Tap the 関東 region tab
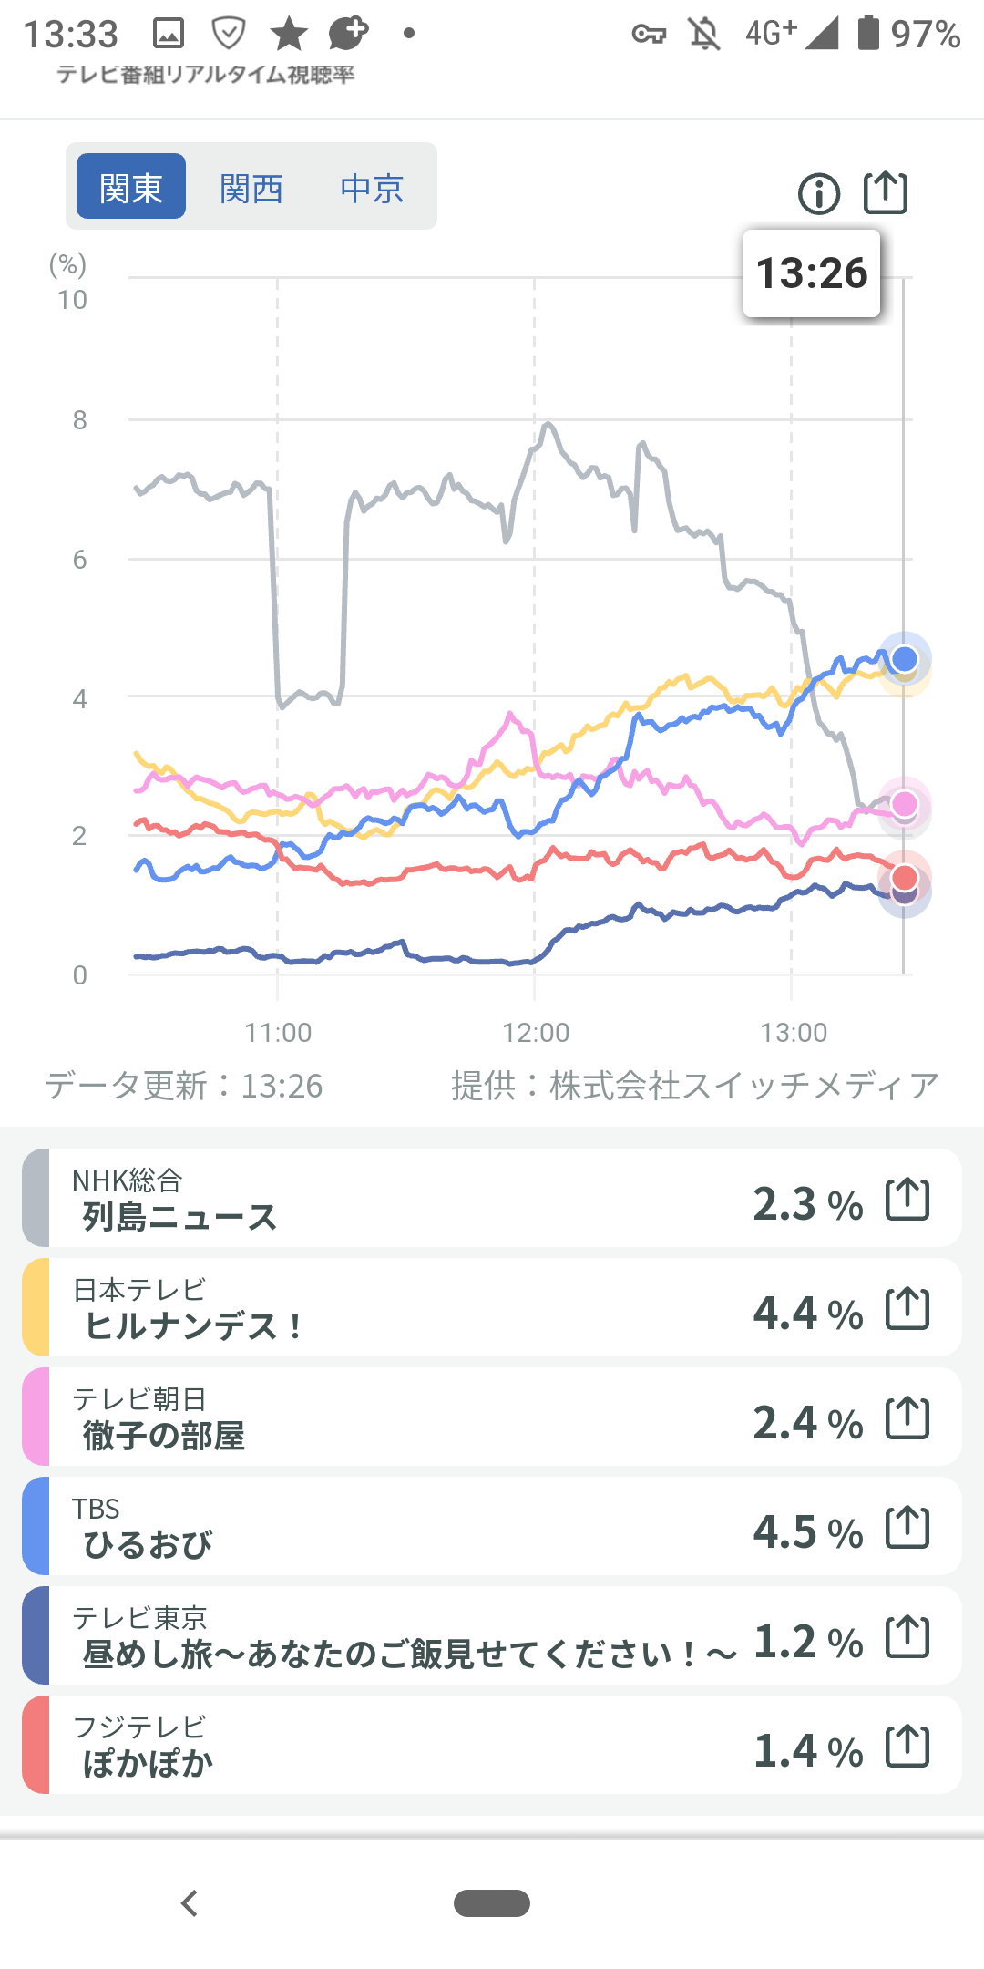tap(130, 187)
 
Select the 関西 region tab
tap(251, 189)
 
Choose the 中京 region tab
tap(372, 189)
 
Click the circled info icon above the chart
tap(818, 194)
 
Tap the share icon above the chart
tap(885, 192)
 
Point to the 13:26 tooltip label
tap(812, 273)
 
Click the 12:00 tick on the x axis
tap(536, 1032)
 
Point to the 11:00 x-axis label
tap(278, 1032)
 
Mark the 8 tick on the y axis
tap(80, 420)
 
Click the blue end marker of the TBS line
tap(904, 658)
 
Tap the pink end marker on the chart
tap(904, 803)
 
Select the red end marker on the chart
tap(904, 877)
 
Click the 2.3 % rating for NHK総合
tap(807, 1204)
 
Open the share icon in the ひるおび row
tap(907, 1527)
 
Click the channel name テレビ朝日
tap(139, 1398)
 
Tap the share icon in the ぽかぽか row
tap(907, 1746)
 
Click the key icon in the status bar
tap(649, 35)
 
